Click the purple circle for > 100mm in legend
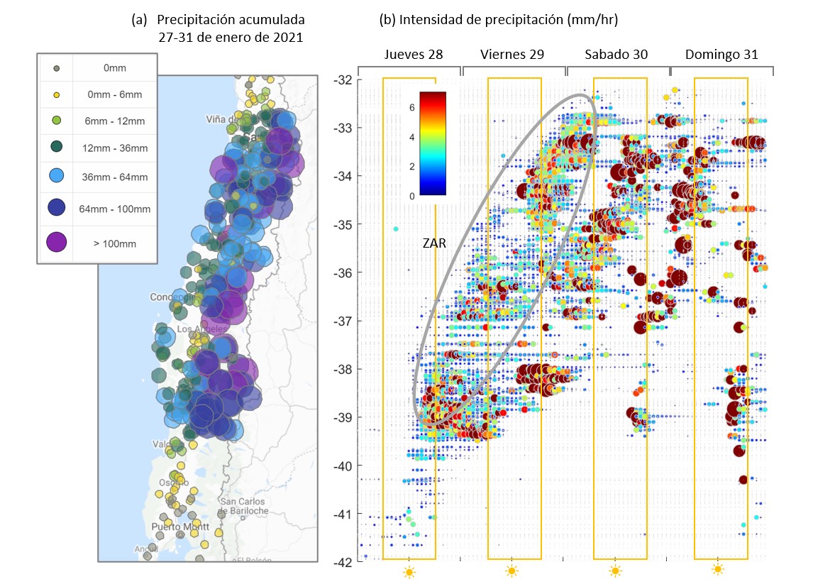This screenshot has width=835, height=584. tap(57, 243)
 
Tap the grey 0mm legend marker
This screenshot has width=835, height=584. tap(57, 69)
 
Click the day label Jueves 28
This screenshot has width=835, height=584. tap(410, 55)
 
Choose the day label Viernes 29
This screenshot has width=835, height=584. tap(511, 55)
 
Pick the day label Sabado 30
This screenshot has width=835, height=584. tap(616, 55)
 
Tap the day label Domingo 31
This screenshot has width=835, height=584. tap(721, 55)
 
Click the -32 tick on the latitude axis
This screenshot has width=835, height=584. tap(343, 79)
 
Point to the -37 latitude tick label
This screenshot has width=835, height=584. tap(343, 321)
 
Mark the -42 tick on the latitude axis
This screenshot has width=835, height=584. tap(343, 562)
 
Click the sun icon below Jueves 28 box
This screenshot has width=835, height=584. tap(409, 571)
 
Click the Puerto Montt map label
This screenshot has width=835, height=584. tap(180, 527)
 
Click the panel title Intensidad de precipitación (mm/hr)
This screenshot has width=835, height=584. tap(499, 21)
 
